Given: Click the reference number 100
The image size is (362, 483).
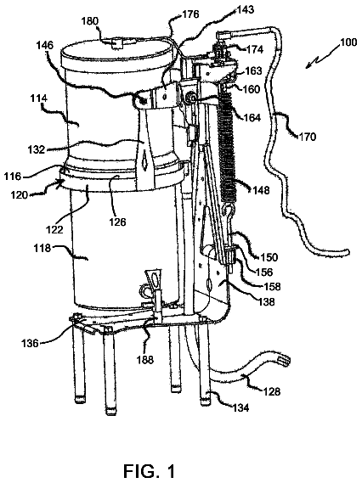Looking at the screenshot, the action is coord(348,42).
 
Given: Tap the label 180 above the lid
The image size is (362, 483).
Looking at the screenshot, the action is coord(90,21).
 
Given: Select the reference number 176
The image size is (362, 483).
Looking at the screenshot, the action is coord(190,14).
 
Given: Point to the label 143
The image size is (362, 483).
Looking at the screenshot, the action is coord(245,9).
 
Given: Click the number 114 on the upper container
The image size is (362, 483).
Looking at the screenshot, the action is coord(39,98).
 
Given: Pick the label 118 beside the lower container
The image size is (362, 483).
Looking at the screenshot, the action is coord(42,248).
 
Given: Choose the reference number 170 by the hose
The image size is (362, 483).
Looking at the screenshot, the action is coord(308,136).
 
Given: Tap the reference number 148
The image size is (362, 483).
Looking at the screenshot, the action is coord(261,190).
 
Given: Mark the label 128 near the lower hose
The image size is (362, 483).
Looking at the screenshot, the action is coord(272,391).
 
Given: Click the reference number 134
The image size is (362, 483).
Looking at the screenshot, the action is coord(240,407).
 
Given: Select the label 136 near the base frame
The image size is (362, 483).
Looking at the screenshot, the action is coord(31,343).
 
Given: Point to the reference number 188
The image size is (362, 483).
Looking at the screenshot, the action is coord(145,359).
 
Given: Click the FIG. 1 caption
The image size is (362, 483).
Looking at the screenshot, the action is coord(149,471).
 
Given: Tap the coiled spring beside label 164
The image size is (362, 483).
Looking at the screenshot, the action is coord(227,146).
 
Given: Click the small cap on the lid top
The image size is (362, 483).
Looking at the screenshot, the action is coord(116,42).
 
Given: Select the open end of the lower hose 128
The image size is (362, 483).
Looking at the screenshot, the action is coord(285,361).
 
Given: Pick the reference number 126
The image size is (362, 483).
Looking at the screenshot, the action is coord(117,222).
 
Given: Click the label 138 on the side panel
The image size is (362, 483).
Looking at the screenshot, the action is coord(266,301).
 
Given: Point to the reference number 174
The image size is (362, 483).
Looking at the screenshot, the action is coord(254,49).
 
